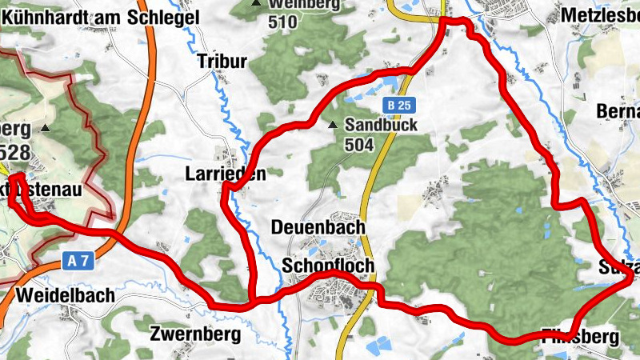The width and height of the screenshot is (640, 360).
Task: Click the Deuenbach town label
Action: [318, 227]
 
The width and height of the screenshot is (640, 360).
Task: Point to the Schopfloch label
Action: [328, 265]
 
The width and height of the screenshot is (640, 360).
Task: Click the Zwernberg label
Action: [195, 334]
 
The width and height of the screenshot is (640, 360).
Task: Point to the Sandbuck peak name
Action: [382, 126]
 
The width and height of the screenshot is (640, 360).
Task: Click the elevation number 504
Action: [361, 145]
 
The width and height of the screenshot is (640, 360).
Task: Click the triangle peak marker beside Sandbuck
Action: [333, 125]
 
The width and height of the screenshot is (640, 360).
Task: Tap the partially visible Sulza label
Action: [619, 267]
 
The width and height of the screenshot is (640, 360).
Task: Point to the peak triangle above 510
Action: [257, 3]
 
